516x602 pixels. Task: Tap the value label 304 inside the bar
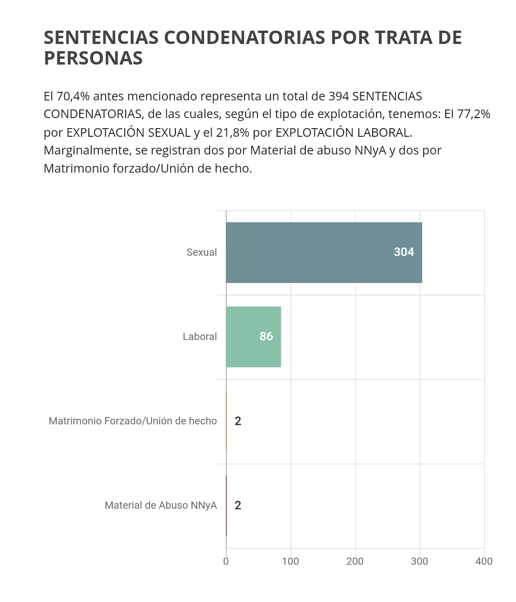coord(404,252)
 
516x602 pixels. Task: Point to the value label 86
coord(266,337)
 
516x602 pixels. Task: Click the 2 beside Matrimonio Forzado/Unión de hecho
coord(238,421)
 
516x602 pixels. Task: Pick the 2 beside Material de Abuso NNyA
coord(238,505)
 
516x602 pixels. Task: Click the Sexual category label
coord(201,252)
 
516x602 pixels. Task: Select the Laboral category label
coord(199,337)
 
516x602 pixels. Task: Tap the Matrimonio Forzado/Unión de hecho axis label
coord(132,421)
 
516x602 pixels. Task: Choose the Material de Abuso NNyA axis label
coord(161,505)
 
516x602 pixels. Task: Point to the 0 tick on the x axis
coord(226,561)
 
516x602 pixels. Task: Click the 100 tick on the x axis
coord(290,561)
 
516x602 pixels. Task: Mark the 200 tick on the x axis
coord(355,561)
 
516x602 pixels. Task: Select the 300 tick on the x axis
coord(419,561)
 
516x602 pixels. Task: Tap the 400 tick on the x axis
coord(484,561)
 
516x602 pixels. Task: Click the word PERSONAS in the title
coord(93,58)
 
